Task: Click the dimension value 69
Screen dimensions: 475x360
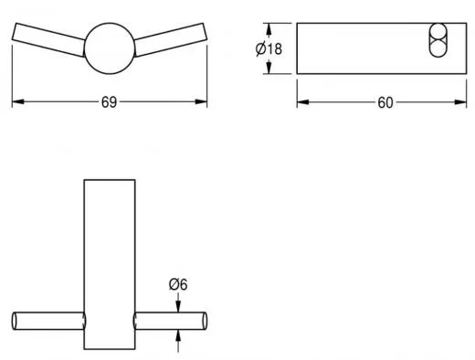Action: [x=109, y=102]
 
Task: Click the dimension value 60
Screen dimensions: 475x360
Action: [x=385, y=102]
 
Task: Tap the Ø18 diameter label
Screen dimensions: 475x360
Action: [x=269, y=48]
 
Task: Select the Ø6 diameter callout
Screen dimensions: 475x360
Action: [x=178, y=284]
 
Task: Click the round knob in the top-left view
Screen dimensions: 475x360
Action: [x=110, y=48]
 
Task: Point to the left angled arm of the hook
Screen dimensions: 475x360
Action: [x=48, y=39]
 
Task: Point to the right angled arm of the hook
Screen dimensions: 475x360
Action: [x=171, y=39]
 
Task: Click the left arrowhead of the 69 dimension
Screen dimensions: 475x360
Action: [x=17, y=101]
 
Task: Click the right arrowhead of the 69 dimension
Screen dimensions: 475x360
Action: [x=201, y=101]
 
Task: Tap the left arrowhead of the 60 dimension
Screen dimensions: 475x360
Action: [x=303, y=102]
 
